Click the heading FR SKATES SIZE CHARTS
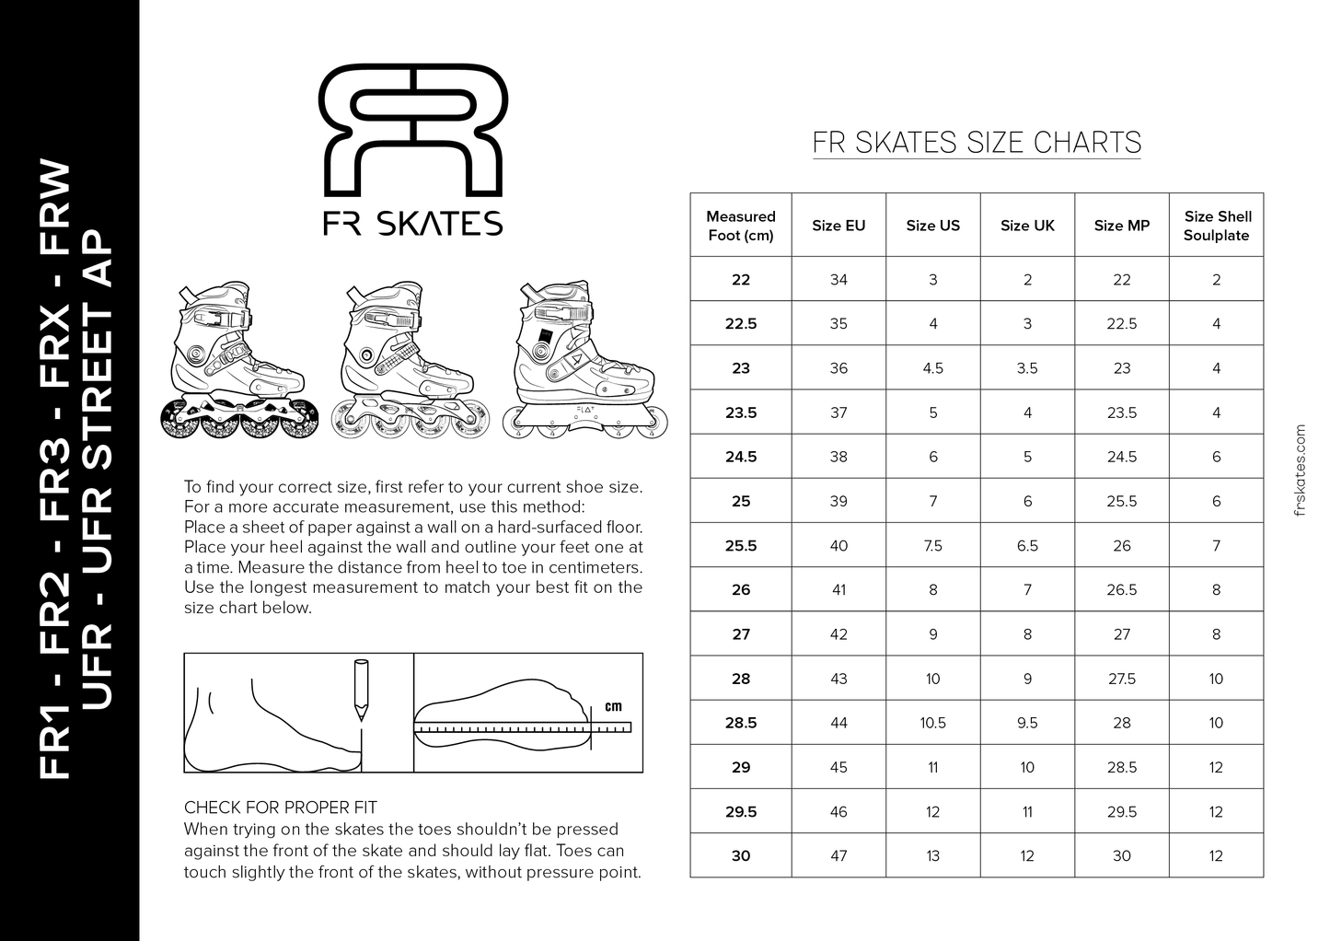tap(977, 143)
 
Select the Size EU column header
tap(838, 226)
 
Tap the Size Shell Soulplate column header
tap(1217, 226)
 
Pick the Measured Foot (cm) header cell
tap(741, 226)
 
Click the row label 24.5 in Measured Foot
tap(741, 457)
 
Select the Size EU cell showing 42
tap(838, 634)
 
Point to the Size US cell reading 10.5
tap(932, 723)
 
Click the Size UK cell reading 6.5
tap(1027, 545)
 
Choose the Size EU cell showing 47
tap(838, 856)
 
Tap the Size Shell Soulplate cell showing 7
tap(1217, 545)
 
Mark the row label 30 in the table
tap(741, 856)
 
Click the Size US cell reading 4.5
tap(932, 368)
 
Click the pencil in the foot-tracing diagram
tap(360, 689)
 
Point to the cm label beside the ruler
tap(613, 707)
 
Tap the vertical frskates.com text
tap(1299, 470)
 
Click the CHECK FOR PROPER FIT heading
tap(281, 807)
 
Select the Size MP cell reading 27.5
tap(1122, 679)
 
